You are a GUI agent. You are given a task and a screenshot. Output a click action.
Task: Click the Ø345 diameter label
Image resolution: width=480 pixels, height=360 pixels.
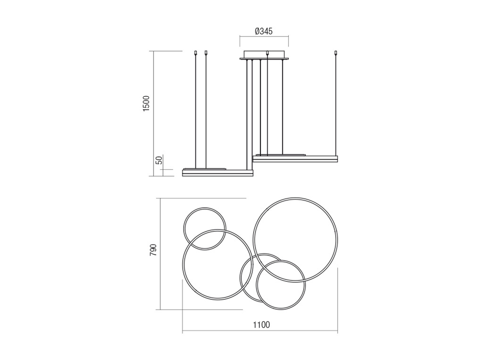(263, 31)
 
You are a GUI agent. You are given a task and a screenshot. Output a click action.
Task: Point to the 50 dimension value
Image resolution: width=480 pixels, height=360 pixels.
(159, 160)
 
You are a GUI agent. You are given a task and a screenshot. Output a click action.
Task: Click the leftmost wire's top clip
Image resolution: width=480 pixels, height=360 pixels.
(195, 52)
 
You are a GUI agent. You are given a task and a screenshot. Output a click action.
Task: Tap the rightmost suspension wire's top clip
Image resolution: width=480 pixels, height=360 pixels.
(336, 52)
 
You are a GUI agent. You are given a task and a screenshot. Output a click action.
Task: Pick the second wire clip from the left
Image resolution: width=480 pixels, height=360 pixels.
(206, 52)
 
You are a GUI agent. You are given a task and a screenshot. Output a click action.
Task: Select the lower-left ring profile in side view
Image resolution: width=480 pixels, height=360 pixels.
(218, 173)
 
